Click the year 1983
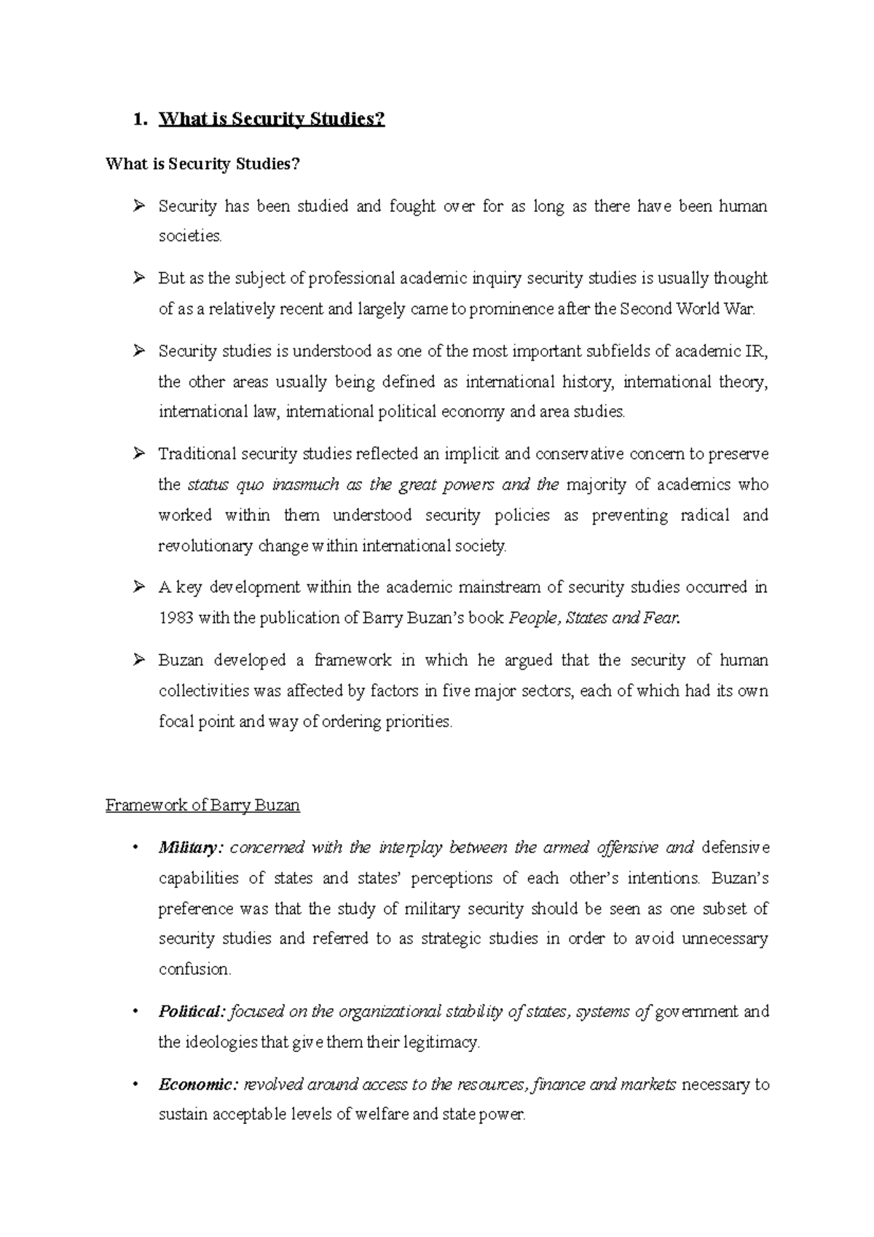click(176, 618)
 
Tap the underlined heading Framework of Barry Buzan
click(202, 805)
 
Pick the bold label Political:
click(192, 1011)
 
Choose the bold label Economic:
click(197, 1084)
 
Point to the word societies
click(189, 236)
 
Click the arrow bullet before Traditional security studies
click(139, 454)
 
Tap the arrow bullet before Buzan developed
click(139, 660)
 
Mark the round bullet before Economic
click(135, 1084)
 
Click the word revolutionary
click(205, 546)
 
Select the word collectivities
click(205, 691)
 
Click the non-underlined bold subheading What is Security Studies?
click(202, 164)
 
